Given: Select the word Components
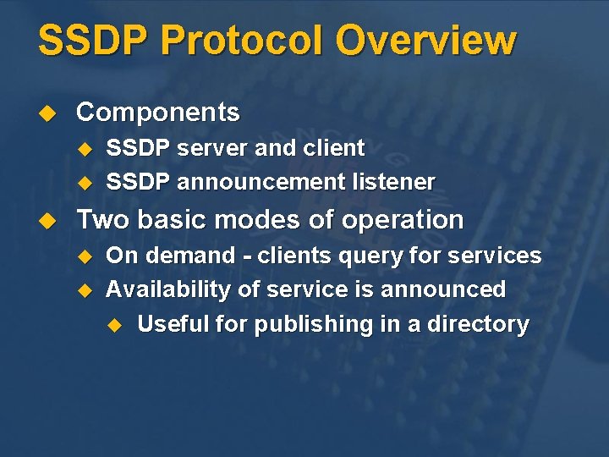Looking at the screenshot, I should click(158, 112).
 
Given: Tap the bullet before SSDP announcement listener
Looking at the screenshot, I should click(83, 182).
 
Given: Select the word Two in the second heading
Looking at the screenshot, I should click(103, 220).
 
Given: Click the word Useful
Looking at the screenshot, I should click(173, 324).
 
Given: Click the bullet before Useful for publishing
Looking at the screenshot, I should click(114, 325).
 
